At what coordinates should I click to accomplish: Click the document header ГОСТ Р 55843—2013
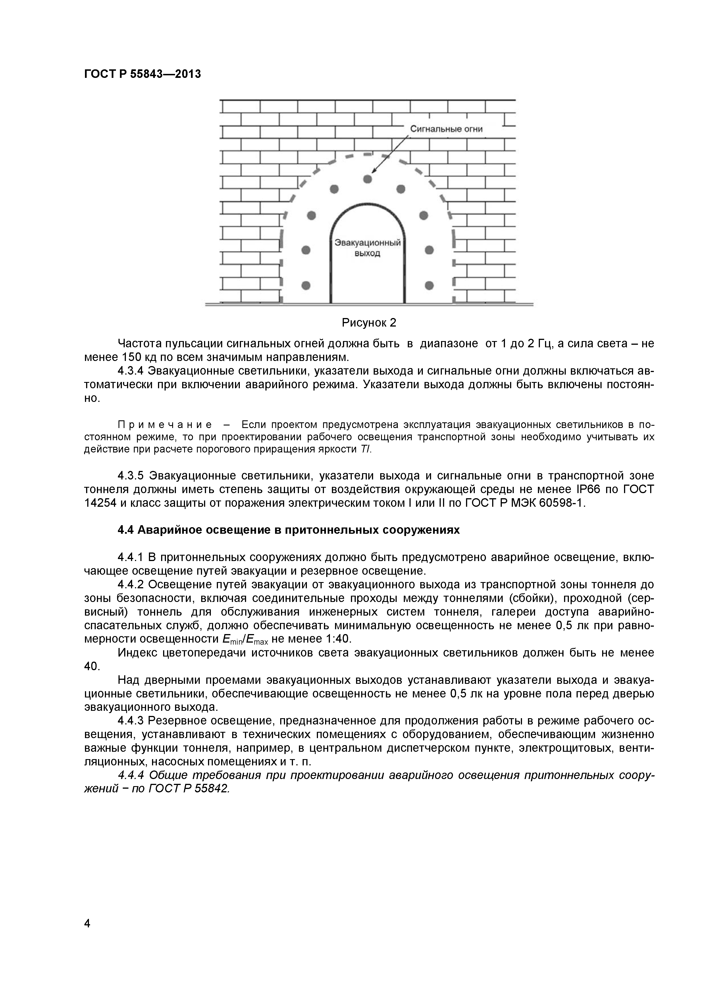142,74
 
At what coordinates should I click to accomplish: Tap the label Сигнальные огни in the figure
446,129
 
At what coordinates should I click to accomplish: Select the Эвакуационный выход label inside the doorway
367,248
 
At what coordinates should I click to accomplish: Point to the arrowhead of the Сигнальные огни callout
374,172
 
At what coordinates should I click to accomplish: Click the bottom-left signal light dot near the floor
306,285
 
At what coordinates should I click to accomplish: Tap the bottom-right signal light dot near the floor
429,285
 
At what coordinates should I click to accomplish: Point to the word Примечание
165,424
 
